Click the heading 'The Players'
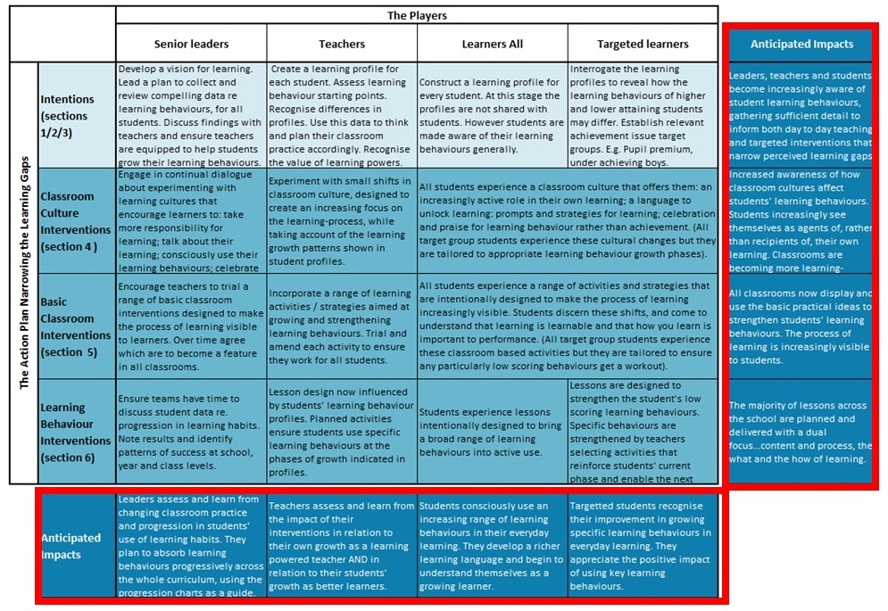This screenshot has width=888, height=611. [417, 15]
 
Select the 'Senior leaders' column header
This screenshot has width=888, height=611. [191, 44]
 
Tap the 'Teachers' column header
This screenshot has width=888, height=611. [342, 44]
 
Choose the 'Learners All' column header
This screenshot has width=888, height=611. [492, 44]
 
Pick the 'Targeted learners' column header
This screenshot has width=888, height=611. [643, 44]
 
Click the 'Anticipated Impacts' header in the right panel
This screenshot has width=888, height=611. [801, 44]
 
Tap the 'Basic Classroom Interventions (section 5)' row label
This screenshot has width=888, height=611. [75, 326]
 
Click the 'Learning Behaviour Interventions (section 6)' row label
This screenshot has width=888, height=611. [75, 432]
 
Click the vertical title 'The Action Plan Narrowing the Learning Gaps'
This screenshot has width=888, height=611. [24, 273]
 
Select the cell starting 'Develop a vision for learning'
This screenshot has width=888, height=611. [191, 116]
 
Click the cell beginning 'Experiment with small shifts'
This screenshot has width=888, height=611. [342, 221]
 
